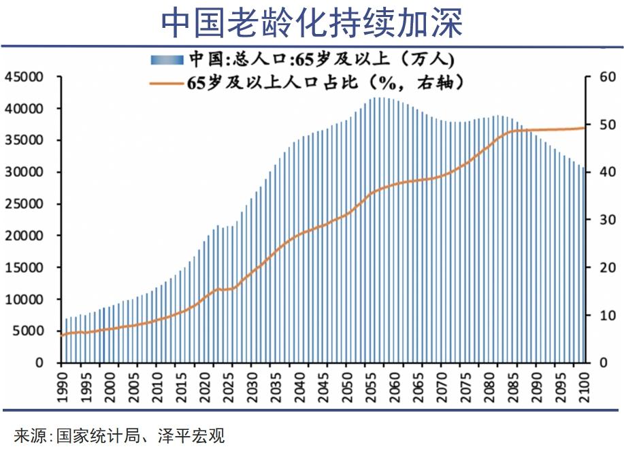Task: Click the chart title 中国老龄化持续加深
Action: pos(312,22)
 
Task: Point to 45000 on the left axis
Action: pos(24,77)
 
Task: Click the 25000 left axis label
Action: pos(24,204)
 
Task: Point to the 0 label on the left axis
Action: pos(39,363)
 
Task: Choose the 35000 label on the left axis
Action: pos(24,141)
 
